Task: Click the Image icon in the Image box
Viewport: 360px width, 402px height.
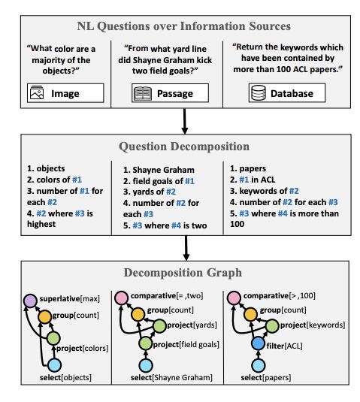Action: [x=37, y=92]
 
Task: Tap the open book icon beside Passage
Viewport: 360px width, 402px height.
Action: [x=142, y=93]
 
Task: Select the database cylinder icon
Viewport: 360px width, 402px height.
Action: [x=259, y=93]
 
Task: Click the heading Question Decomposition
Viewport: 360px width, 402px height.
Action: [x=184, y=147]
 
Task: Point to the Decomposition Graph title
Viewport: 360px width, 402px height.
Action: [x=183, y=273]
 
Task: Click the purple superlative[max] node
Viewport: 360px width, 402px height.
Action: [x=31, y=301]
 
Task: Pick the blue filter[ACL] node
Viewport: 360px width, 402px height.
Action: [x=259, y=344]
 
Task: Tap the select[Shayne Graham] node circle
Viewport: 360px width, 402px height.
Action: [x=146, y=365]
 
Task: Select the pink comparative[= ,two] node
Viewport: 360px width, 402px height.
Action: [x=121, y=298]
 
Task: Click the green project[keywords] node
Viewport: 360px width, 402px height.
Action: [x=272, y=326]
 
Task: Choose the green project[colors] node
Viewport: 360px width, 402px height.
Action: [x=53, y=338]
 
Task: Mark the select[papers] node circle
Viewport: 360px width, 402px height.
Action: [x=259, y=365]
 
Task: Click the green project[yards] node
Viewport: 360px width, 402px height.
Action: [x=159, y=326]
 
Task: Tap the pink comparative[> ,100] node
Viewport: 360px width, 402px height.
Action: [x=234, y=298]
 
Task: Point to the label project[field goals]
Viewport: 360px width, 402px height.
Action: [x=186, y=344]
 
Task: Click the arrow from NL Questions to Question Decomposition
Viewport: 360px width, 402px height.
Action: [x=184, y=121]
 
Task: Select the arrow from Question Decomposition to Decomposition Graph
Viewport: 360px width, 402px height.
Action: [x=186, y=248]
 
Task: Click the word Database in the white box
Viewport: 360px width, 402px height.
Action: [x=292, y=93]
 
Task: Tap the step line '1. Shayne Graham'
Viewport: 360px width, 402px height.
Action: [x=159, y=170]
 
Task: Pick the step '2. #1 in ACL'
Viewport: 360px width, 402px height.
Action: [x=253, y=180]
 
